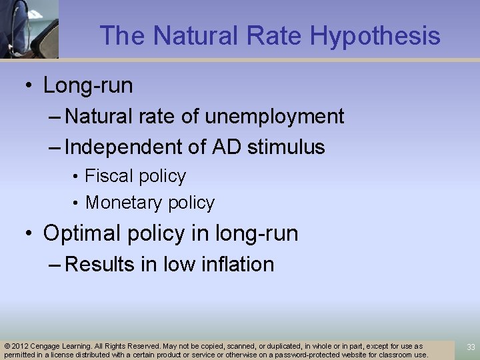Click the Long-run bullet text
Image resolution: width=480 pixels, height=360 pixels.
coord(88,85)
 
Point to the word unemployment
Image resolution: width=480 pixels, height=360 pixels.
coord(274,117)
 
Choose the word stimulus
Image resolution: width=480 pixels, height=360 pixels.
coord(287,147)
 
